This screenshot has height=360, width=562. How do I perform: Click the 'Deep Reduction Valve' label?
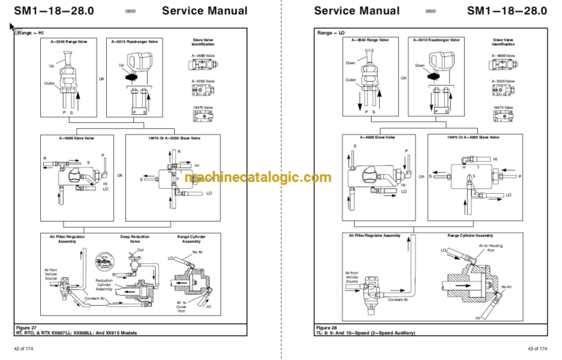click(x=135, y=239)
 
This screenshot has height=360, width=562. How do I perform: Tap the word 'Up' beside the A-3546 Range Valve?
click(x=52, y=65)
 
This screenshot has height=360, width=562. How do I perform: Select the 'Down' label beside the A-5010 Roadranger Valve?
click(x=419, y=65)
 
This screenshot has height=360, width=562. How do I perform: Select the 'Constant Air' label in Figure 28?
click(x=398, y=300)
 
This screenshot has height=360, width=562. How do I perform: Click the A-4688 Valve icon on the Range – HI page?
click(x=203, y=64)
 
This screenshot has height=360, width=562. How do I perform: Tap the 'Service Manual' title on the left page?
click(x=204, y=10)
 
